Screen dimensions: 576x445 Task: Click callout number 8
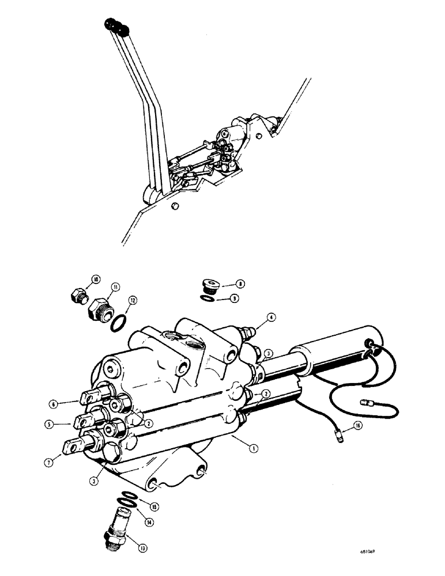point(239,284)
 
